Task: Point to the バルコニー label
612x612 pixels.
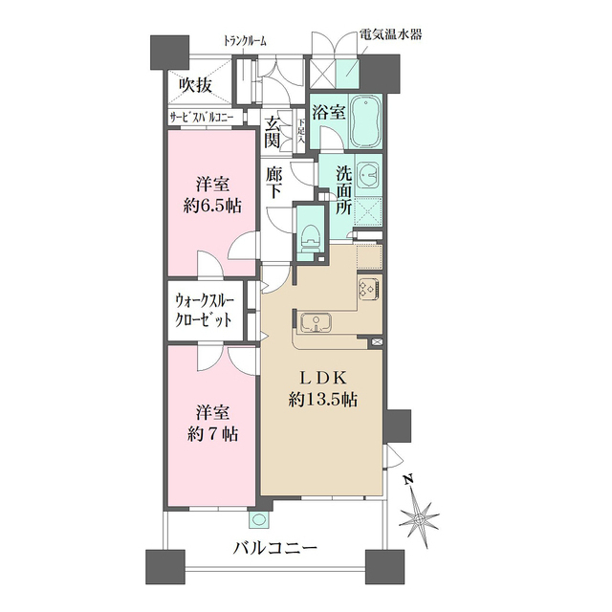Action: [275, 549]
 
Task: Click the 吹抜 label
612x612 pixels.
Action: [195, 84]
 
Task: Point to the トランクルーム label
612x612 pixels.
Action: [245, 40]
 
